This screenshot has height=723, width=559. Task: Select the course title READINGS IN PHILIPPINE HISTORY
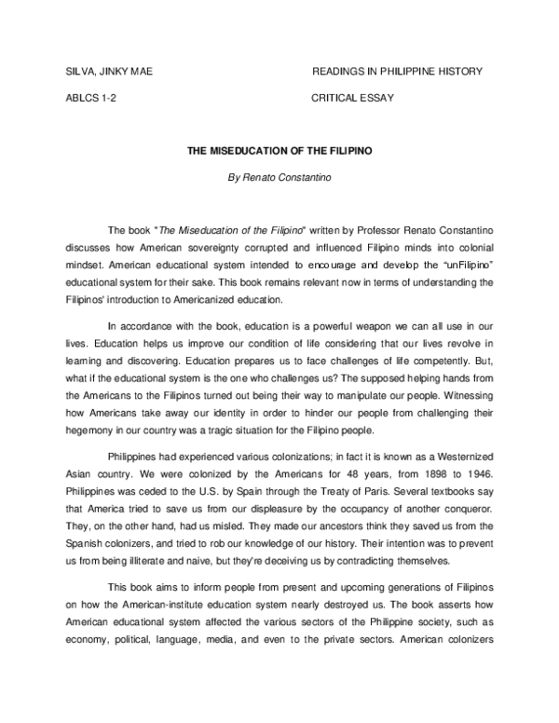pos(397,74)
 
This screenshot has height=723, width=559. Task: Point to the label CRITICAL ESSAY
pos(355,98)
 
